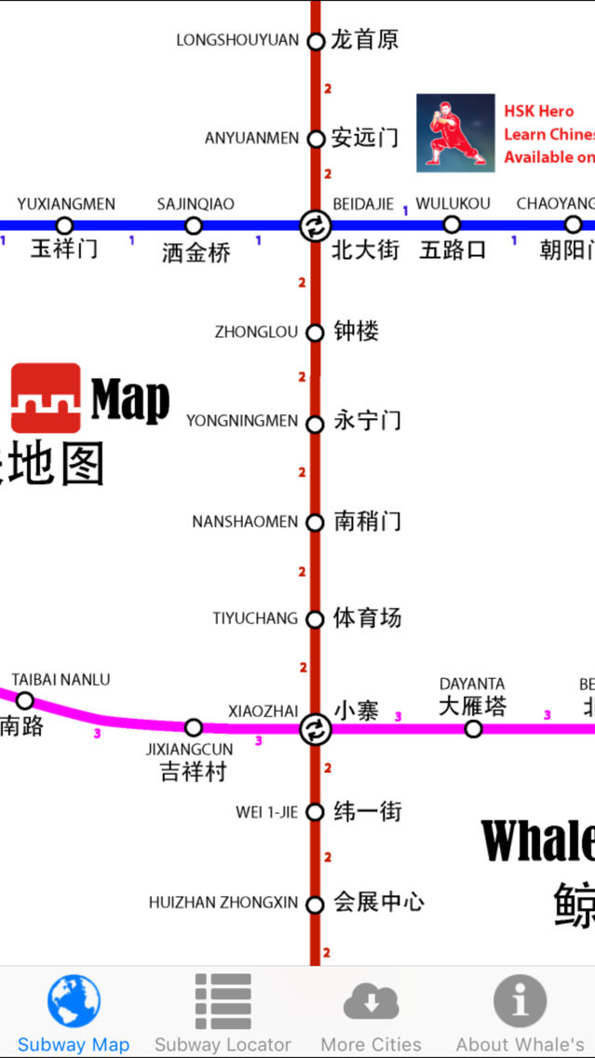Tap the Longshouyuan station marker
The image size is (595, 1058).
click(316, 41)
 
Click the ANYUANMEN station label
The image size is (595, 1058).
click(251, 139)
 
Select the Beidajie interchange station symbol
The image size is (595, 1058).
click(316, 225)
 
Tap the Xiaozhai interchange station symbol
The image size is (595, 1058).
click(316, 729)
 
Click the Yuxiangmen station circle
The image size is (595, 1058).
click(64, 225)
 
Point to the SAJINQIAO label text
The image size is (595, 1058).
click(196, 204)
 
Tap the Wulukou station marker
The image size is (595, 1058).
click(452, 224)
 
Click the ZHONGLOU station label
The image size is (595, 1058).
click(256, 332)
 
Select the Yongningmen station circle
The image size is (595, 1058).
click(316, 422)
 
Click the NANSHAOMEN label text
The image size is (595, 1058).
click(245, 522)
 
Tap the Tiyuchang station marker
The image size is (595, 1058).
click(316, 618)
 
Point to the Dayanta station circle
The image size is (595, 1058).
click(473, 728)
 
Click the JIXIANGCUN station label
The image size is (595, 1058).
click(189, 750)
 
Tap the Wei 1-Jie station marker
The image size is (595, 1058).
click(316, 812)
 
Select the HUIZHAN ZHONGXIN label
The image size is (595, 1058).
click(223, 902)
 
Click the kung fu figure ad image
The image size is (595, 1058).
click(455, 133)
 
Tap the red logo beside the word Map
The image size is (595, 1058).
click(46, 398)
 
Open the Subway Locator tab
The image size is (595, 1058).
click(223, 1012)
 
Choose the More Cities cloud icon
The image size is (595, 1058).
click(371, 1003)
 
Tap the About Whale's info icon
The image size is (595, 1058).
click(520, 1001)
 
